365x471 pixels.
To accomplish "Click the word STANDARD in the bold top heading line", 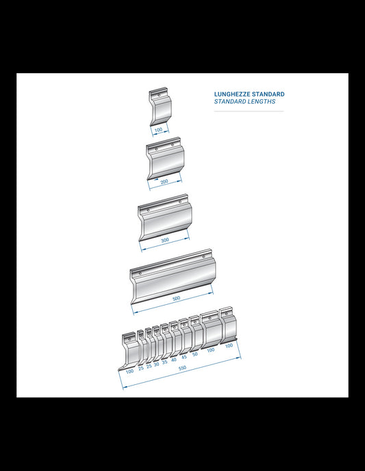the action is pyautogui.click(x=268, y=94).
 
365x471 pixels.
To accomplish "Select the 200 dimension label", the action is pyautogui.click(x=164, y=182).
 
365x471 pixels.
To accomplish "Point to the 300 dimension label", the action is pyautogui.click(x=165, y=241).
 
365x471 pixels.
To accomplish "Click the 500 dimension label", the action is pyautogui.click(x=176, y=298).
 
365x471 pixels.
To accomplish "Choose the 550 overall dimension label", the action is pyautogui.click(x=182, y=368).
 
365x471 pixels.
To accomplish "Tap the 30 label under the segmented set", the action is pyautogui.click(x=156, y=364).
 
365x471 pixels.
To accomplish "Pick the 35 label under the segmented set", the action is pyautogui.click(x=164, y=362).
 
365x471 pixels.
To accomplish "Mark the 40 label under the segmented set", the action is pyautogui.click(x=174, y=360).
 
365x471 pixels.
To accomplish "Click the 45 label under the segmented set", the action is pyautogui.click(x=184, y=357).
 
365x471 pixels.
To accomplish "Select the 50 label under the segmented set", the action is pyautogui.click(x=195, y=354).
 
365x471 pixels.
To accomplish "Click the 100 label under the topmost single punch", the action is pyautogui.click(x=158, y=130).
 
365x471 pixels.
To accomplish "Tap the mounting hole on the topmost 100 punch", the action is pyautogui.click(x=159, y=95).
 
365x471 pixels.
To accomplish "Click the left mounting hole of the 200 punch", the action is pyautogui.click(x=156, y=149).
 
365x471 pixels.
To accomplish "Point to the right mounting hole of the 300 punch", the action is pyautogui.click(x=180, y=202).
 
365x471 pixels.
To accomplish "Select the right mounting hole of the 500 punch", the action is pyautogui.click(x=203, y=257).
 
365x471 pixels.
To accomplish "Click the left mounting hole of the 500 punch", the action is pyautogui.click(x=140, y=273).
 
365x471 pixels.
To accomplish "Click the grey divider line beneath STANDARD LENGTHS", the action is pyautogui.click(x=249, y=111).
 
